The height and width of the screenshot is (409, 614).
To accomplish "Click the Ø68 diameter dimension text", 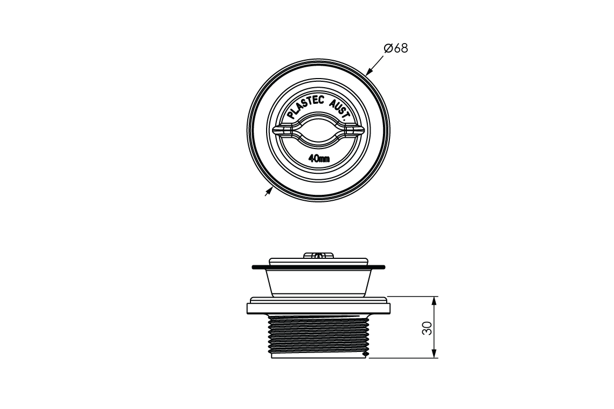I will pos(396,48).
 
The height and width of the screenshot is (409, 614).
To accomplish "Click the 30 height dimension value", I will pos(427,328).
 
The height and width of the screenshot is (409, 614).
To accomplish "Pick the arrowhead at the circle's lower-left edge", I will pos(268,191).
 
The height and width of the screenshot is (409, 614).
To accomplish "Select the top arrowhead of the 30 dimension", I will pos(434,299).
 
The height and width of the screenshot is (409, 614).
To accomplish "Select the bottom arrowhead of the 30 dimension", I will pos(434,355).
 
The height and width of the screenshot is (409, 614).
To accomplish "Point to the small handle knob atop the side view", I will pos(318,255).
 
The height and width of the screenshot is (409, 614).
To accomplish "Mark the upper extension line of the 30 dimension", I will pos(412,296).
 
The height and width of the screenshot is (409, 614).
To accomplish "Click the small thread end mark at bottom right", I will pos(367,355).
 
